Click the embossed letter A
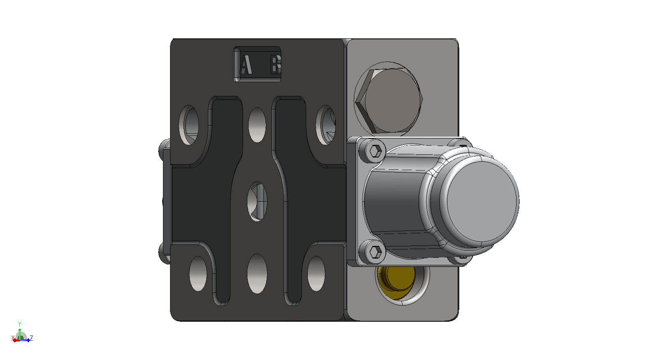[x=245, y=64]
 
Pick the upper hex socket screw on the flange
[x=375, y=151]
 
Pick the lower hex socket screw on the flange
[x=375, y=251]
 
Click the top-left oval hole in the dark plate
[x=189, y=125]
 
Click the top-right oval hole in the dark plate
[x=326, y=125]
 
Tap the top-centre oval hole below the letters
[x=257, y=125]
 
